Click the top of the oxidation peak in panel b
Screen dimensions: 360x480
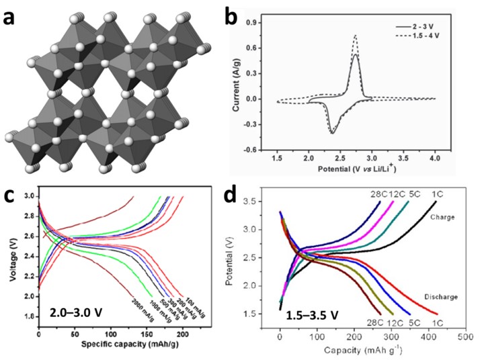pyautogui.click(x=355, y=35)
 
